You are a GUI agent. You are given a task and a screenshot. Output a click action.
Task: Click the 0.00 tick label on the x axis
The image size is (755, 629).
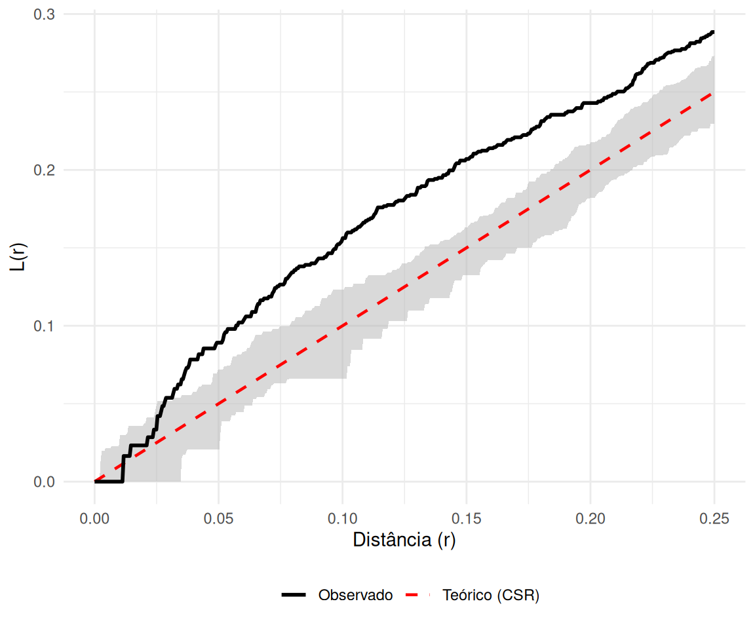click(x=94, y=519)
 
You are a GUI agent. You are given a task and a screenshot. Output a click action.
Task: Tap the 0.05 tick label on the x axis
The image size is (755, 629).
click(x=218, y=519)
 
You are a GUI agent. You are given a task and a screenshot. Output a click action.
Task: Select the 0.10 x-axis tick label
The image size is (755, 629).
click(x=342, y=519)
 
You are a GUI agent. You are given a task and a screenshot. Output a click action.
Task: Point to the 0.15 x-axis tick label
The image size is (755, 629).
click(x=466, y=519)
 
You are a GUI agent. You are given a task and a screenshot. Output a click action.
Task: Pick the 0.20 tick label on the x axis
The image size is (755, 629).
click(x=590, y=519)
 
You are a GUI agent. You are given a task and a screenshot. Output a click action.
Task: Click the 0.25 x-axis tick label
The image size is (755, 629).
click(x=714, y=519)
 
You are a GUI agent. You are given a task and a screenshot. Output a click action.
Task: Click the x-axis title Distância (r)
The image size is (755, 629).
click(x=404, y=541)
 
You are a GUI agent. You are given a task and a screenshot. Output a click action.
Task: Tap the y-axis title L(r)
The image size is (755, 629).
click(x=21, y=248)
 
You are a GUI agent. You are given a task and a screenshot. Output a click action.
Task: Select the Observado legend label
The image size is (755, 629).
click(x=355, y=596)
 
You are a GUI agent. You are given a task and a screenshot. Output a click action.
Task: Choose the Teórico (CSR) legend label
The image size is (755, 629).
click(x=491, y=596)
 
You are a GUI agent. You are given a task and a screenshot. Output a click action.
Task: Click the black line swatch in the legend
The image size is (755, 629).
click(x=295, y=596)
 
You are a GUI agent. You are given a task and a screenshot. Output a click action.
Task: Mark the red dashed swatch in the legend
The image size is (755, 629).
click(x=419, y=596)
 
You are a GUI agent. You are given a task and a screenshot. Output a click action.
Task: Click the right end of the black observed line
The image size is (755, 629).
click(x=713, y=31)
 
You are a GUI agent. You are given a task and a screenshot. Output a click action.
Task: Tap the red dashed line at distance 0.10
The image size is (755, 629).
click(x=342, y=326)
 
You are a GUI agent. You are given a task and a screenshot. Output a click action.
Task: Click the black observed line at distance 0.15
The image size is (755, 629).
click(x=466, y=159)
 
